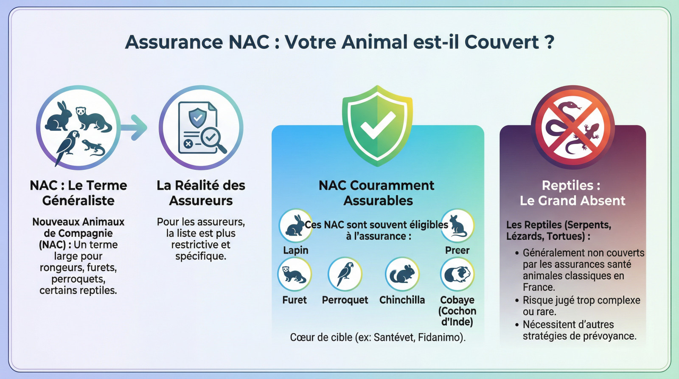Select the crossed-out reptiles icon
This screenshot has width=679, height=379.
(572, 127)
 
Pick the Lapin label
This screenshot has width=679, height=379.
(296, 250)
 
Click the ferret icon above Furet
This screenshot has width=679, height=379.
(295, 274)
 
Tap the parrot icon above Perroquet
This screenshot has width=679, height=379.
(345, 274)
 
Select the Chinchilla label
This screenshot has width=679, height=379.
(402, 300)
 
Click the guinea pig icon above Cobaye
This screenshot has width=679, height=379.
(457, 274)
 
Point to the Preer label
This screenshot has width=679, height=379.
(457, 250)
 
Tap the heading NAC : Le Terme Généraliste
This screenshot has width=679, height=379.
(79, 193)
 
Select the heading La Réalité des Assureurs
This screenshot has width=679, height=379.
(201, 193)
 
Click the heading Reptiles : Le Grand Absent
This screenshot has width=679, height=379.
(572, 193)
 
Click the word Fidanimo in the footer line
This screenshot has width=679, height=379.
(440, 337)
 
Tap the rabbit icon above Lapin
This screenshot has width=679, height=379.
(296, 225)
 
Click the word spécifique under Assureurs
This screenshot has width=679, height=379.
(200, 256)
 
